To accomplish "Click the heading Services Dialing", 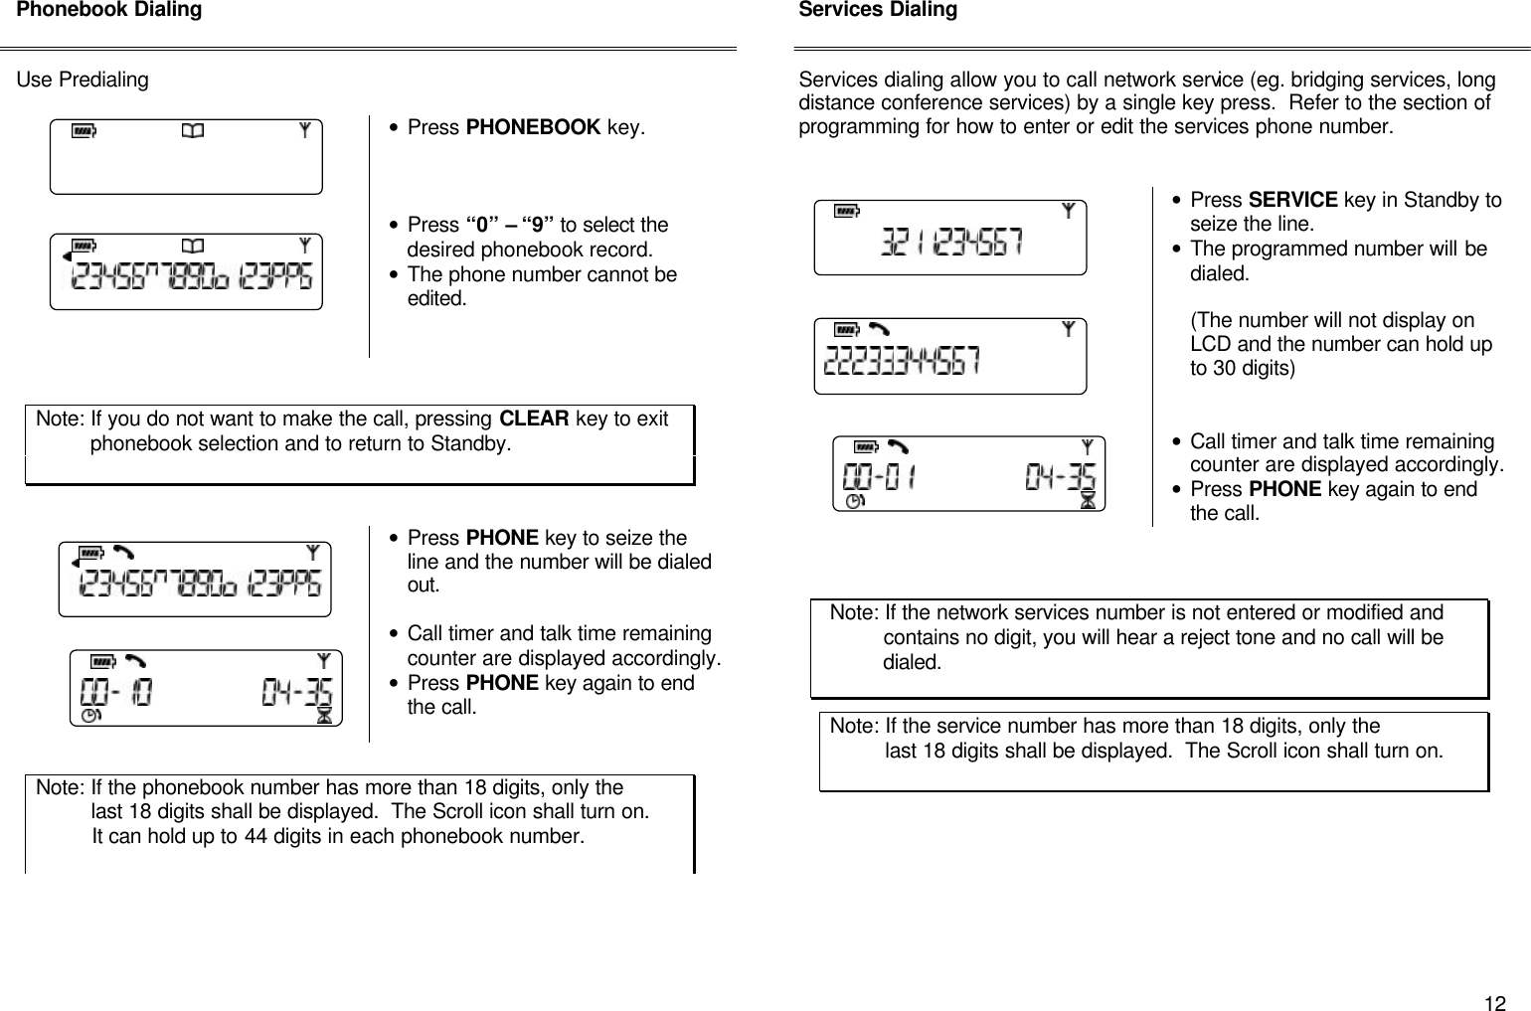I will coord(878,11).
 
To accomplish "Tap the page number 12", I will coord(1494,1002).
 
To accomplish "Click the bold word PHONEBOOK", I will coord(533,128).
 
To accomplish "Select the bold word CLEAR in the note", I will coord(533,419).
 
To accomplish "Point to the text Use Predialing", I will coord(83,80).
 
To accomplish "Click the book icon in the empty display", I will coord(192,130).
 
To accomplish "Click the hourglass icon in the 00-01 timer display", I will coord(1089,502).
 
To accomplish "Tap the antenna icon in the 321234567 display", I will coord(1068,211).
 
